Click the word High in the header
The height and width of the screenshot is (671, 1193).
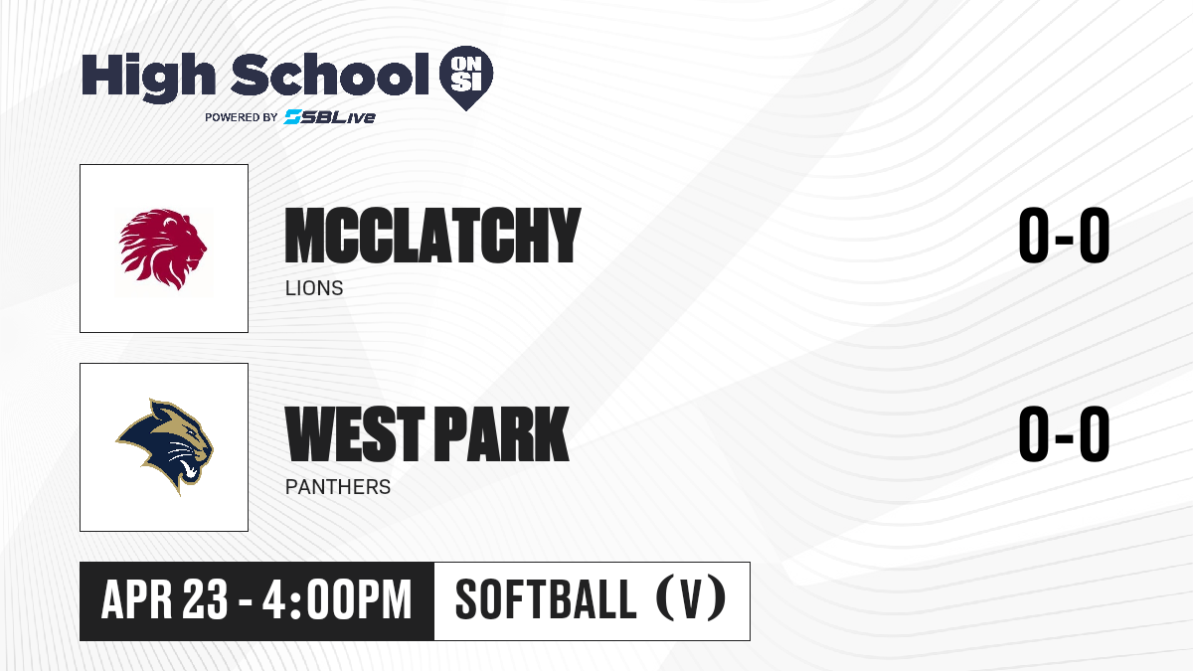(148, 77)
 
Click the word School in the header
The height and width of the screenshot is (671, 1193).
(330, 75)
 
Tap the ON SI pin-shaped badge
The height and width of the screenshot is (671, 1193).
(466, 78)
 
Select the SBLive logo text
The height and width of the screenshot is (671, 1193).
(330, 117)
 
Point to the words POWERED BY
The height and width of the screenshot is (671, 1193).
(242, 117)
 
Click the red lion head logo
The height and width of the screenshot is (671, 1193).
(162, 250)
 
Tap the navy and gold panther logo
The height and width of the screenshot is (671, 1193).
(165, 446)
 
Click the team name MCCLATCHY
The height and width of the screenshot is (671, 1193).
(432, 236)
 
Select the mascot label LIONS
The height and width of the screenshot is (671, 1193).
(314, 288)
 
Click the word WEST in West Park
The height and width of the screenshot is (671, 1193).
(355, 433)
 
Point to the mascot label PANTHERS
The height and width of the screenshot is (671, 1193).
(338, 487)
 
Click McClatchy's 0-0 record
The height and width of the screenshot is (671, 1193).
(1064, 236)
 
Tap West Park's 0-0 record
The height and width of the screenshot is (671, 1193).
(1064, 433)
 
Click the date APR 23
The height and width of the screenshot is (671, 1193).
(165, 599)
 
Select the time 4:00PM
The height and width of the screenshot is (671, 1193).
(337, 599)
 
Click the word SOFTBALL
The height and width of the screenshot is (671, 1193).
(546, 599)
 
